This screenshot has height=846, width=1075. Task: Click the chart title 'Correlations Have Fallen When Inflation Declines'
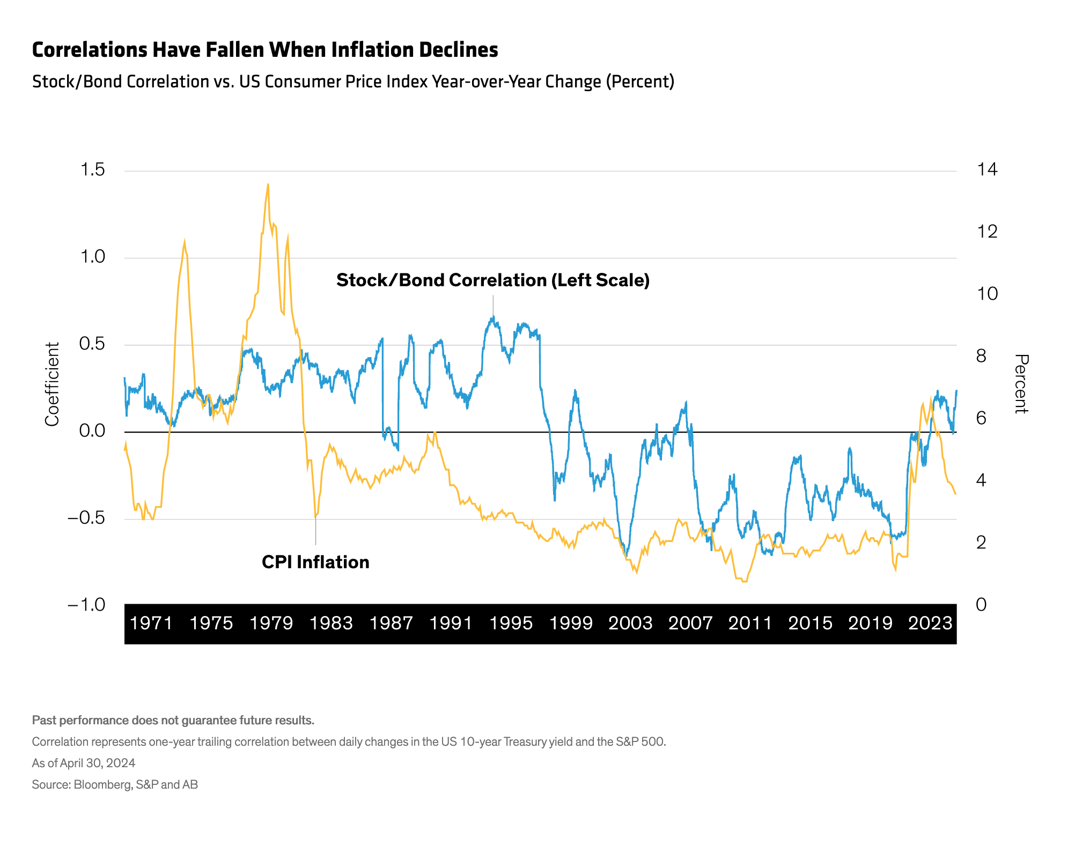point(265,50)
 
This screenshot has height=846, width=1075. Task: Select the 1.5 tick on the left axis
point(92,170)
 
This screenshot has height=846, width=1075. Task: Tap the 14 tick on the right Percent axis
point(987,170)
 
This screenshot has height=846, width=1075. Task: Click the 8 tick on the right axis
point(981,355)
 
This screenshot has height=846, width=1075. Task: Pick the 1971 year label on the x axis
point(151,623)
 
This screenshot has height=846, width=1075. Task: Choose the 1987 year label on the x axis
point(392,623)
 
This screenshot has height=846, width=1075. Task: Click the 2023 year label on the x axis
point(930,623)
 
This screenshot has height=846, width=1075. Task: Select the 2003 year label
point(630,623)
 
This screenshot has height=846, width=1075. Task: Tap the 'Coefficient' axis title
point(52,384)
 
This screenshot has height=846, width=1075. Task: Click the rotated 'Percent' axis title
point(1021,384)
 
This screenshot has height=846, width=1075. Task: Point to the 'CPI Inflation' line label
point(315,562)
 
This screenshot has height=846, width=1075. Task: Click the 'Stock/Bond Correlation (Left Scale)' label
point(493,280)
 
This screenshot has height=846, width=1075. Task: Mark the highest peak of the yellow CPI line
point(268,184)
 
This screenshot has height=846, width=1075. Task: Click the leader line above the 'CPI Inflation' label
point(315,531)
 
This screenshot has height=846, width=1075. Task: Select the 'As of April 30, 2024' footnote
point(84,763)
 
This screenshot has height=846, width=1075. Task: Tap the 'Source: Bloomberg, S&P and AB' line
point(115,784)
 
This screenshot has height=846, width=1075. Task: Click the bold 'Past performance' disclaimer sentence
point(173,720)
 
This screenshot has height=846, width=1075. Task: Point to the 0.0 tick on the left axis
point(92,431)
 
